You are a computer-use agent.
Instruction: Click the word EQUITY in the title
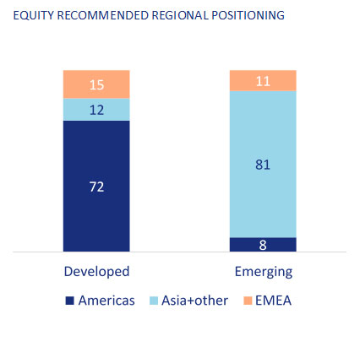click(33, 15)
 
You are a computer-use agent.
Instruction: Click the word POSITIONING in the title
click(248, 15)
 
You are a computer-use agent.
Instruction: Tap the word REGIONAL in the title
click(180, 15)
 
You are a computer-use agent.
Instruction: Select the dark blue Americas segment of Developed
click(96, 186)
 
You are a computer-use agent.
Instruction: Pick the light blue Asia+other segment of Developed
click(96, 110)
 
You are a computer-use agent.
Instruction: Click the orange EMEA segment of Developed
click(96, 84)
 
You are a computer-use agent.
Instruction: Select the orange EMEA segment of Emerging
click(263, 80)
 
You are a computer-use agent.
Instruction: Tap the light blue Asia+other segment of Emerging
click(263, 164)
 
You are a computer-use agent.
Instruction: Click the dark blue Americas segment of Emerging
click(263, 244)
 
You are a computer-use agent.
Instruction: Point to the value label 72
click(96, 187)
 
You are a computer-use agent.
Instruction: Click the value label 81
click(263, 165)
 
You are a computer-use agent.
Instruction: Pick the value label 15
click(96, 84)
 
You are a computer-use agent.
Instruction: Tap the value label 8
click(263, 245)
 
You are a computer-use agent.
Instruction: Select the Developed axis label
click(96, 272)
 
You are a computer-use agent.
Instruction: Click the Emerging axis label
click(264, 272)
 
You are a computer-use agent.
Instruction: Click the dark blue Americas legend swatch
click(69, 301)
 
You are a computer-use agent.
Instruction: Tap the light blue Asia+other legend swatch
click(154, 301)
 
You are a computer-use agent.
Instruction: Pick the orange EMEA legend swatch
click(248, 301)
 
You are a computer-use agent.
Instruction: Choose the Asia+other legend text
click(194, 301)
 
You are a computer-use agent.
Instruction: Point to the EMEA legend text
click(273, 301)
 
